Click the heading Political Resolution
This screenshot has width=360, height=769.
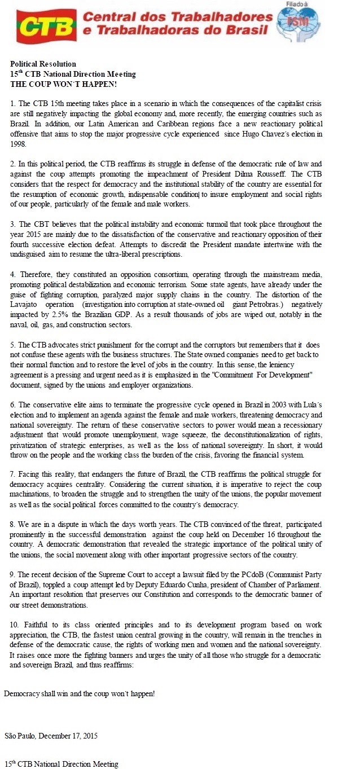pos(43,64)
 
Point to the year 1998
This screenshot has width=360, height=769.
pos(18,144)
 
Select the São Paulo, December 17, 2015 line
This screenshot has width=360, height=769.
pos(51,736)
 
